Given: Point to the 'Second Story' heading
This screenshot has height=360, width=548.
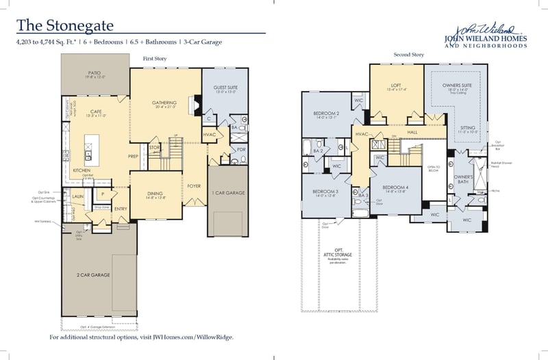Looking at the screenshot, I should click(x=408, y=55).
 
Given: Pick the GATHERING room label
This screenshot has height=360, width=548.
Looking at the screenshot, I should click(x=164, y=103).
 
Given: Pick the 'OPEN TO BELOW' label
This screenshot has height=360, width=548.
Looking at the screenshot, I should click(x=433, y=168).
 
